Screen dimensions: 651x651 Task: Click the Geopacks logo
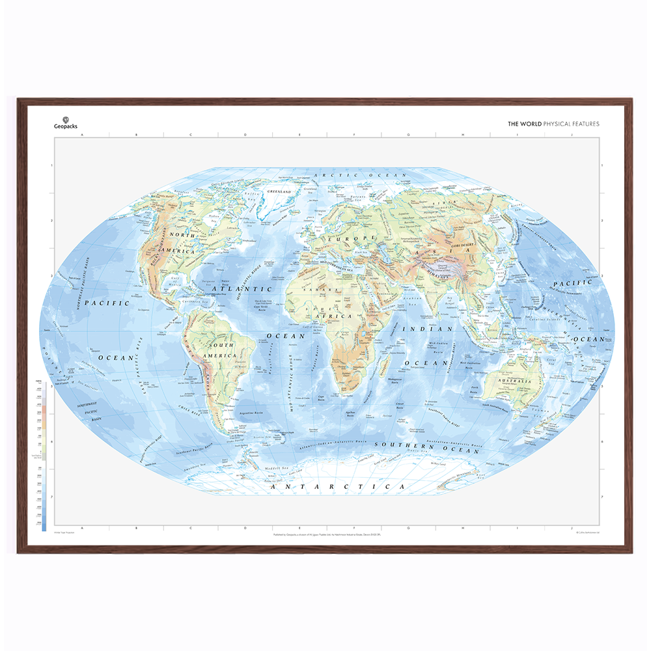pos(64,122)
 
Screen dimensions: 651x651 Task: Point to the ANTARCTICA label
pos(337,486)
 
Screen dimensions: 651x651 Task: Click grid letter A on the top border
pos(82,135)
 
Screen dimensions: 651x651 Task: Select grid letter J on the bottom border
pos(571,528)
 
